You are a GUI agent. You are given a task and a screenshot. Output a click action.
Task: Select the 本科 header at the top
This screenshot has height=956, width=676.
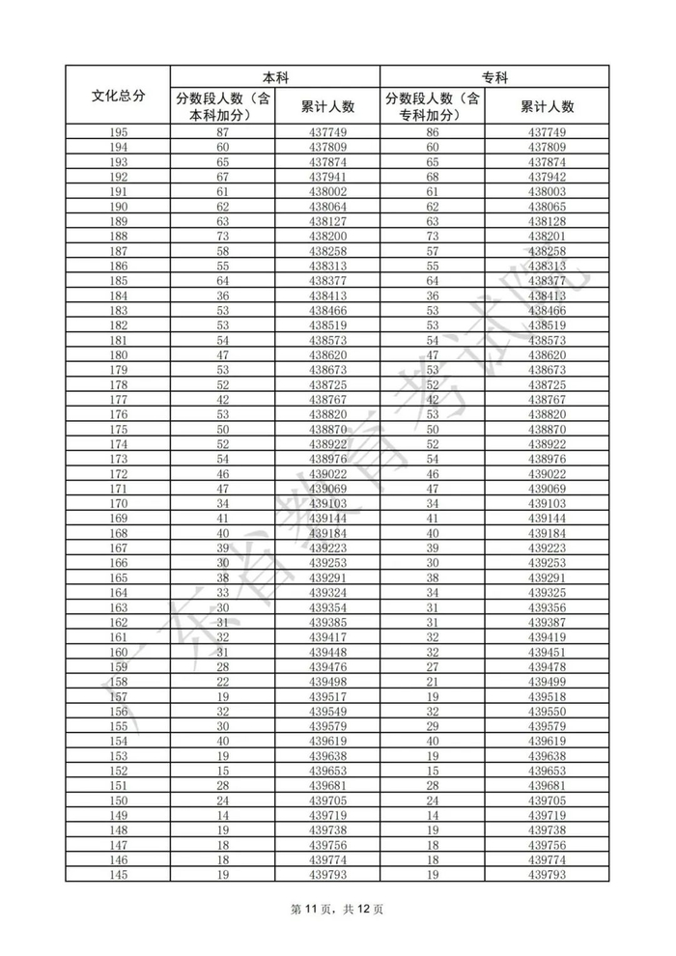[275, 76]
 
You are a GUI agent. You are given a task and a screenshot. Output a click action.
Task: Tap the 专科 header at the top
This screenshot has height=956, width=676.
[494, 76]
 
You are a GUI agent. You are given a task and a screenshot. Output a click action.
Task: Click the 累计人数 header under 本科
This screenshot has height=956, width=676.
[327, 106]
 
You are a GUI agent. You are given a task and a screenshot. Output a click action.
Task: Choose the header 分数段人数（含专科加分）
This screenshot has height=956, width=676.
[433, 106]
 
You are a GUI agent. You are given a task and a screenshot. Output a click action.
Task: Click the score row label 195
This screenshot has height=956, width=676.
[118, 132]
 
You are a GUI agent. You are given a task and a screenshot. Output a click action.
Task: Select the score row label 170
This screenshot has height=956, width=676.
[118, 503]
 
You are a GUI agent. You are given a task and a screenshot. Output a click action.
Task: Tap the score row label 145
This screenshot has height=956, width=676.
[118, 875]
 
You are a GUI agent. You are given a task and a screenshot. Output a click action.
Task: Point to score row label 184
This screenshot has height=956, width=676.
[118, 295]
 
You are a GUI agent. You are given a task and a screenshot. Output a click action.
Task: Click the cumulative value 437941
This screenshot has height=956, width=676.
[327, 177]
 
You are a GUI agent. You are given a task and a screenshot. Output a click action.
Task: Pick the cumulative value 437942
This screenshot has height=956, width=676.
[547, 177]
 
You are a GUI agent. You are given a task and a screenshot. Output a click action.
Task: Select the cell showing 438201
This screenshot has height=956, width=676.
[547, 237]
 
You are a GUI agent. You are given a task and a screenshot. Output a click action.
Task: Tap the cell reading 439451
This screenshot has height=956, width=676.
[547, 652]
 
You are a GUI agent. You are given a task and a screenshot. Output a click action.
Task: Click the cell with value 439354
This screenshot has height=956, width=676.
[327, 607]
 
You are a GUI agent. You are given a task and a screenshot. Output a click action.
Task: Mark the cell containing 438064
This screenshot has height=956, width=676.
[327, 207]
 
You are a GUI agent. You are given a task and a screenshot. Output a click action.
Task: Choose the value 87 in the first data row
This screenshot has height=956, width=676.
[222, 132]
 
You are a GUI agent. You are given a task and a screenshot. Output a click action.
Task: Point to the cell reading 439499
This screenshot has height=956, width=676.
[547, 682]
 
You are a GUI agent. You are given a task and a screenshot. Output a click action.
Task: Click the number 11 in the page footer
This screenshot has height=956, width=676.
[325, 908]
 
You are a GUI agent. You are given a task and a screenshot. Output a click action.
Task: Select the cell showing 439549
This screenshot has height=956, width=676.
[327, 712]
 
